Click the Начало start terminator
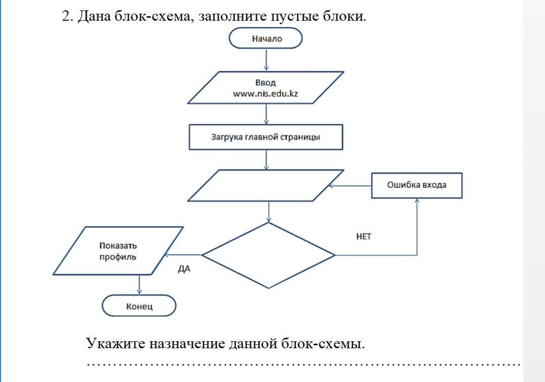265,38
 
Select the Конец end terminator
139,306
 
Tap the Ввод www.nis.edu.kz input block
265,88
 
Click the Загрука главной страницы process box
266,137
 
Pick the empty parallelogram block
265,185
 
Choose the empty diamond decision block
268,256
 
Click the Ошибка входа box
417,185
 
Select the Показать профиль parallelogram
118,251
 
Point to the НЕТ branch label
363,237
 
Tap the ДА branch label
184,269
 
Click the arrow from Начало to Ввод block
266,60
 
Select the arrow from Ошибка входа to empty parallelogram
350,186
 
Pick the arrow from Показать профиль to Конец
139,285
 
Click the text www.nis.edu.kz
265,94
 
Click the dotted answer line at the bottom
303,364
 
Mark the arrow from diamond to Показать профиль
183,255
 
